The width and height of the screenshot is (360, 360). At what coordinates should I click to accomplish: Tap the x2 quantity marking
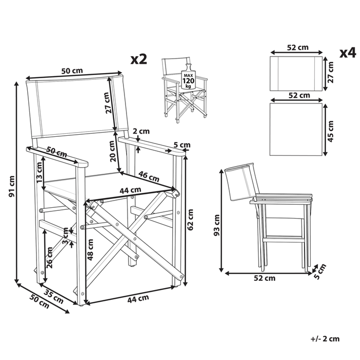139,59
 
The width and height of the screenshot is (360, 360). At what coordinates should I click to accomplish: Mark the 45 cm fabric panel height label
331,131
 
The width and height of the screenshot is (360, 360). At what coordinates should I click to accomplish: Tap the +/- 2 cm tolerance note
325,338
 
